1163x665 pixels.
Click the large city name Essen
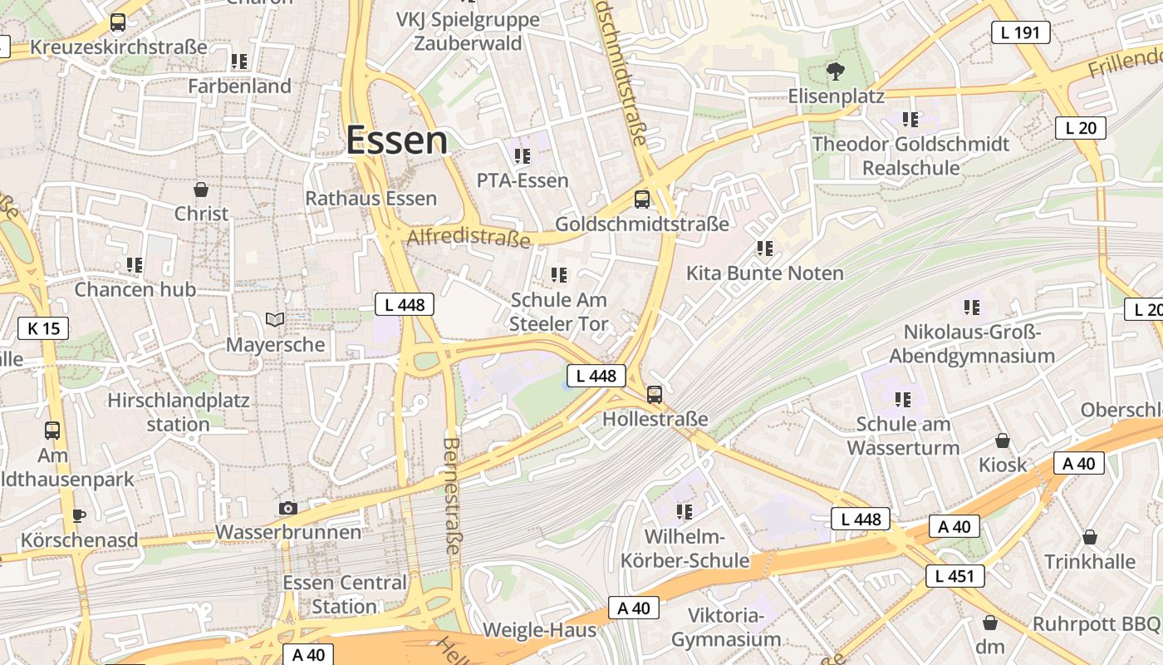(x=396, y=140)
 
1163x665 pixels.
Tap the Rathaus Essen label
(x=370, y=199)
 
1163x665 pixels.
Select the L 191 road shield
(x=1020, y=33)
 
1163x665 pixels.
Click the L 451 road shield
(x=954, y=576)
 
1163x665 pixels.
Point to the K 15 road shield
(x=43, y=328)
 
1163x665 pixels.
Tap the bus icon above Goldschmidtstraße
(x=642, y=199)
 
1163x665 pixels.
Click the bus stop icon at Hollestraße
(x=655, y=395)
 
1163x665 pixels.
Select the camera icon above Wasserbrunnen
(x=288, y=508)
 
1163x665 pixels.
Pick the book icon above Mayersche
(x=275, y=319)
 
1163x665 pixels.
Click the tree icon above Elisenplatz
(x=835, y=71)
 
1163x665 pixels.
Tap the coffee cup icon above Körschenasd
(x=79, y=515)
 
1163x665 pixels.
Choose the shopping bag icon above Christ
(x=200, y=190)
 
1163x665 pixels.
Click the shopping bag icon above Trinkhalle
(x=1089, y=537)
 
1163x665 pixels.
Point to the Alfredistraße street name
(x=469, y=239)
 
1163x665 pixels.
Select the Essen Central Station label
(x=345, y=594)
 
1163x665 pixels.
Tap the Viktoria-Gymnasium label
(x=726, y=628)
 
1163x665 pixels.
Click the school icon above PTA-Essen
(x=522, y=155)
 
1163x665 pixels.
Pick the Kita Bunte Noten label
(x=764, y=273)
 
